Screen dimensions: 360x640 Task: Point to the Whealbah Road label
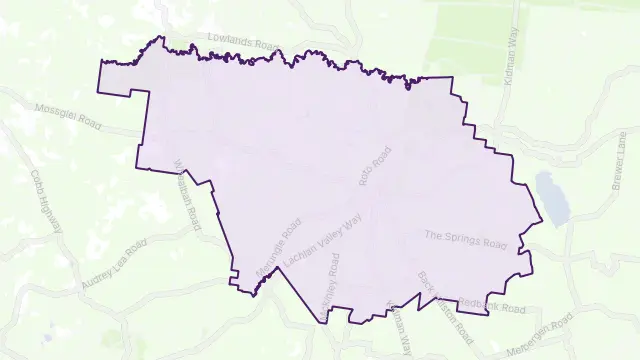tap(187, 194)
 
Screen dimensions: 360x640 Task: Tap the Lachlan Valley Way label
tap(322, 239)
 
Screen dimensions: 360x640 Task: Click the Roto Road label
tap(373, 168)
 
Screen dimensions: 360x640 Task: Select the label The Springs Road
tap(466, 239)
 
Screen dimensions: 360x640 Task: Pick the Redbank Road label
tap(496, 305)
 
